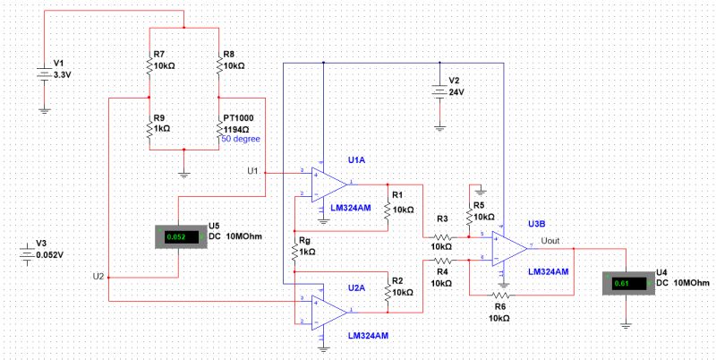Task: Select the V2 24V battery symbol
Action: [439, 90]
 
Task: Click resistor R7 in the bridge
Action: [149, 65]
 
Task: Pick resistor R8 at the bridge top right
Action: [218, 65]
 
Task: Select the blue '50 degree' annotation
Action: [241, 140]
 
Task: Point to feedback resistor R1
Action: [387, 209]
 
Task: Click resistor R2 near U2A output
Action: [387, 293]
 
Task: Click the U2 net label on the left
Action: [98, 275]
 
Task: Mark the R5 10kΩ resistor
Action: [469, 216]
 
